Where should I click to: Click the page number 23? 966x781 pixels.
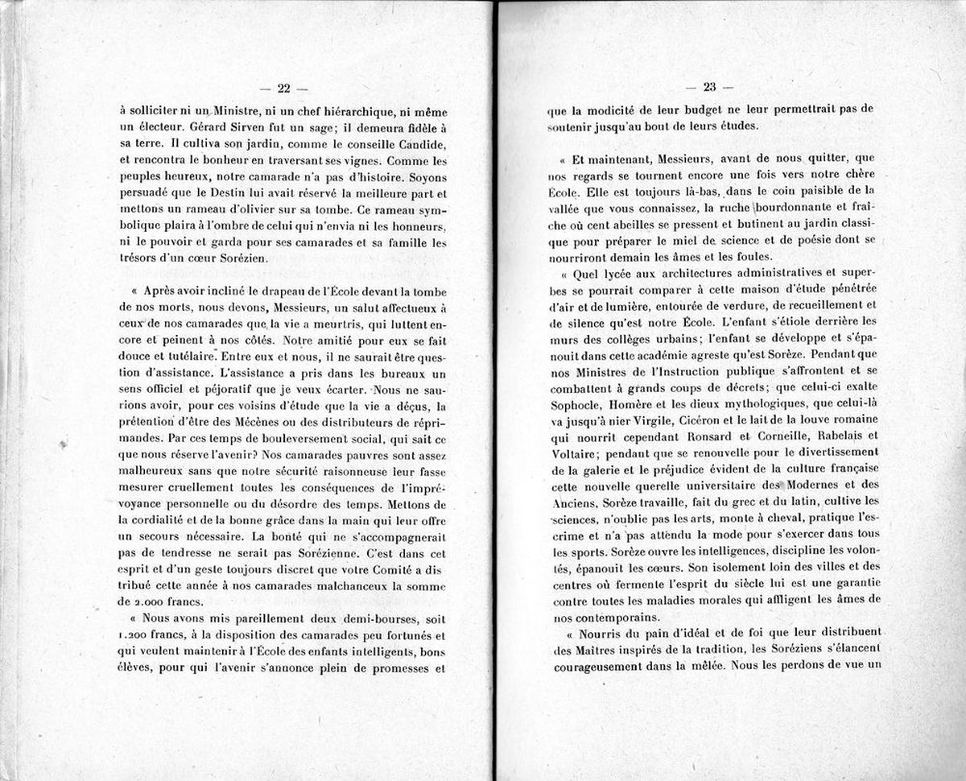pos(709,89)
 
